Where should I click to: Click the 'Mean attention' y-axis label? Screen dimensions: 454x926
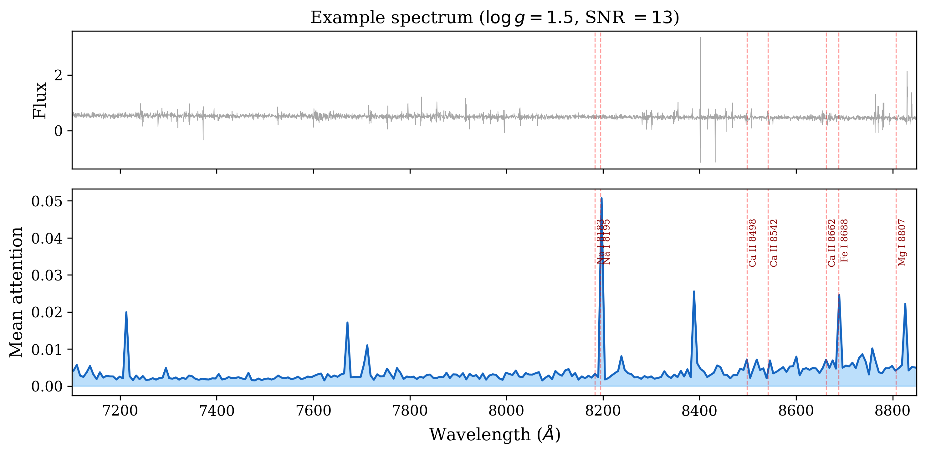point(16,292)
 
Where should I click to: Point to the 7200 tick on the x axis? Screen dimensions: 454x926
point(120,410)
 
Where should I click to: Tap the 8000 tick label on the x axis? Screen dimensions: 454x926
point(506,410)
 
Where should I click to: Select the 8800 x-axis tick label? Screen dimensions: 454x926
point(893,410)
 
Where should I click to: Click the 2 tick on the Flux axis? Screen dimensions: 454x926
point(58,75)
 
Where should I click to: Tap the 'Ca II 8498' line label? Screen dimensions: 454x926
point(753,243)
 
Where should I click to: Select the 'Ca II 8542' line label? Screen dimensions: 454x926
point(774,243)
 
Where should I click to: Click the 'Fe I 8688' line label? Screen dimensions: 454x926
point(844,241)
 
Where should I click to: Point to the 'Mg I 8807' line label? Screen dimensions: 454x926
point(902,242)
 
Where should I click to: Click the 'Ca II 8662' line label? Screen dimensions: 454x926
point(832,243)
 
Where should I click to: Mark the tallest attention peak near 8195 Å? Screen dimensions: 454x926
point(601,198)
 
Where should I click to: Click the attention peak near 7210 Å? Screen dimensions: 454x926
point(126,312)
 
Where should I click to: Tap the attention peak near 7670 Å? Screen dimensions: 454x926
point(347,323)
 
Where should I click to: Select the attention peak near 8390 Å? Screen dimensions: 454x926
point(694,291)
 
